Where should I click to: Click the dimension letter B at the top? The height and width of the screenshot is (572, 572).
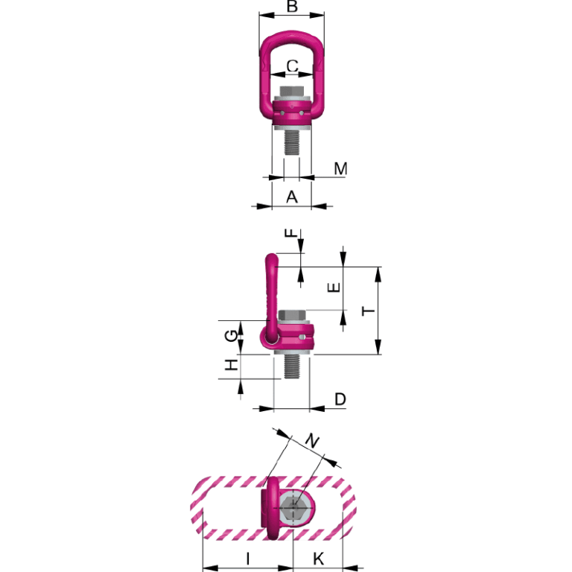pyautogui.click(x=293, y=7)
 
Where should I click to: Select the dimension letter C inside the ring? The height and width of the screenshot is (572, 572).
pyautogui.click(x=293, y=66)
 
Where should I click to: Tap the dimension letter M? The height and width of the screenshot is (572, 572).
pyautogui.click(x=340, y=169)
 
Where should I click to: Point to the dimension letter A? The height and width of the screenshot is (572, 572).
pyautogui.click(x=292, y=197)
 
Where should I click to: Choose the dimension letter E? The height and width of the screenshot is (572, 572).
pyautogui.click(x=334, y=287)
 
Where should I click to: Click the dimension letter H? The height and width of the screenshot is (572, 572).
pyautogui.click(x=233, y=365)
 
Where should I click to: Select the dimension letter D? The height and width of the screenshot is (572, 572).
pyautogui.click(x=340, y=400)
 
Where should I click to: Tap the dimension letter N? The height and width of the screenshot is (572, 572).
pyautogui.click(x=313, y=442)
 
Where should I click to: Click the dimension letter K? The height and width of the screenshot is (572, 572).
pyautogui.click(x=318, y=558)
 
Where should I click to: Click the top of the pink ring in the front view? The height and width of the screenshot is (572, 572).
pyautogui.click(x=292, y=36)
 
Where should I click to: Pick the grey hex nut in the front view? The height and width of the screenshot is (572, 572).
pyautogui.click(x=292, y=95)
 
